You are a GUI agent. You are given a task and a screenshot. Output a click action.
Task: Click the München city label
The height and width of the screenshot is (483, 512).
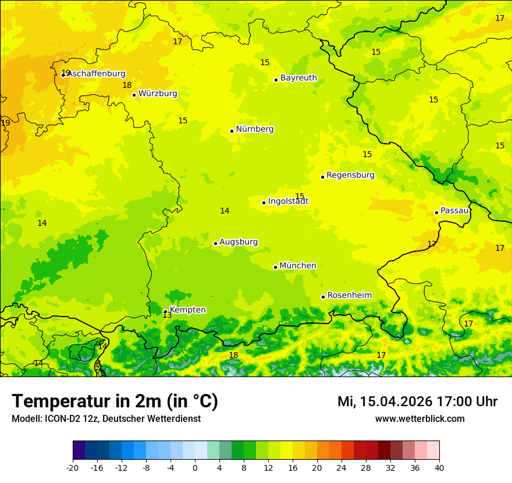(298, 266)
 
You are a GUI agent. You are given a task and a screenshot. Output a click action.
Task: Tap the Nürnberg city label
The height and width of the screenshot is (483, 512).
(255, 129)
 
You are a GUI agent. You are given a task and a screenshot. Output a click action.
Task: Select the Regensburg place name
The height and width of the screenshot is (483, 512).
(350, 175)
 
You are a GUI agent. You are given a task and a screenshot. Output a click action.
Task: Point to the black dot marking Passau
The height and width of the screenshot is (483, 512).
(436, 212)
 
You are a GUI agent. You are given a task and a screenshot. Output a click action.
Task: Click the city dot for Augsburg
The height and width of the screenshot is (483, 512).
(215, 243)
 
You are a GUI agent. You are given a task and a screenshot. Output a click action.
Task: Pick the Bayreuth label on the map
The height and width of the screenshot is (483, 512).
(298, 78)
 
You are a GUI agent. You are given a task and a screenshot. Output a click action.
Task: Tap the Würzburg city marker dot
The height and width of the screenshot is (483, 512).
(134, 95)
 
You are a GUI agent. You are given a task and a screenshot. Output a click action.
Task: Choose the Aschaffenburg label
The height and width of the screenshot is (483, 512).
(97, 74)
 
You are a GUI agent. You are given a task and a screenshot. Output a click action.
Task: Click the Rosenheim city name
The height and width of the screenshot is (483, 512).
(349, 296)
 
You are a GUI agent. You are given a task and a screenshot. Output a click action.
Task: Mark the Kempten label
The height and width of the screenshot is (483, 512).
(187, 310)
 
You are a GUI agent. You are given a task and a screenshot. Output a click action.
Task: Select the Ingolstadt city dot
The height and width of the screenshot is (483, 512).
(264, 203)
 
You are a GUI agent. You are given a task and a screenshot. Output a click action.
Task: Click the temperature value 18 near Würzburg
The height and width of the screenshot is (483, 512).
(127, 86)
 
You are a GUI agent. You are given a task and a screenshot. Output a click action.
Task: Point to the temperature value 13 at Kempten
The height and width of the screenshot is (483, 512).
(167, 315)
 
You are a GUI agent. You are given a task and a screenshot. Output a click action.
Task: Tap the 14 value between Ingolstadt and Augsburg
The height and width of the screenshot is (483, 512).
(225, 211)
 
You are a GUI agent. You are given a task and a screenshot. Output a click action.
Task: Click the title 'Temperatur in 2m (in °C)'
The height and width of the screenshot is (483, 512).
(115, 402)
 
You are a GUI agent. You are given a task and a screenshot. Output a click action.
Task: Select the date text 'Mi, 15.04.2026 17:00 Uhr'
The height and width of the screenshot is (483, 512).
(417, 402)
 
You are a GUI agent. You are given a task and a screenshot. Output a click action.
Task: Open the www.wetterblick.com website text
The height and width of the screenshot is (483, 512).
(419, 419)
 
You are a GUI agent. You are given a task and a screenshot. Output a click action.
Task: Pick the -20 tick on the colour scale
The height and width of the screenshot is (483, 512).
(73, 468)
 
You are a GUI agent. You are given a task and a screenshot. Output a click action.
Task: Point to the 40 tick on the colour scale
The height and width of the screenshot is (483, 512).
(439, 468)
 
